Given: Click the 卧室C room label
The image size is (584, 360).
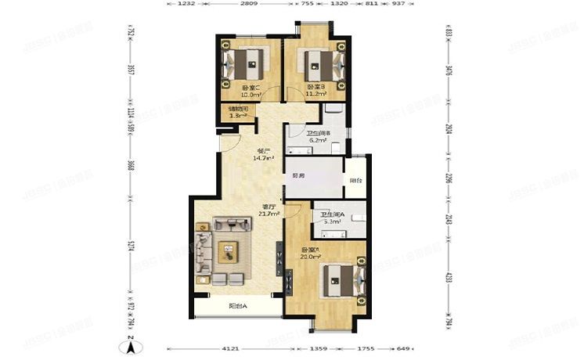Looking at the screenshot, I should [x=251, y=88].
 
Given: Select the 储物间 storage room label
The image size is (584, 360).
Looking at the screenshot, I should [x=239, y=109].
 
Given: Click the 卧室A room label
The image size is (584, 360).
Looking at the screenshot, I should [x=312, y=251].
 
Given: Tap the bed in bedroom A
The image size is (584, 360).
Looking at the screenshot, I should [x=340, y=279].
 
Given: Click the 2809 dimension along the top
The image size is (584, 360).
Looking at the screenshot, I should [x=249, y=4].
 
